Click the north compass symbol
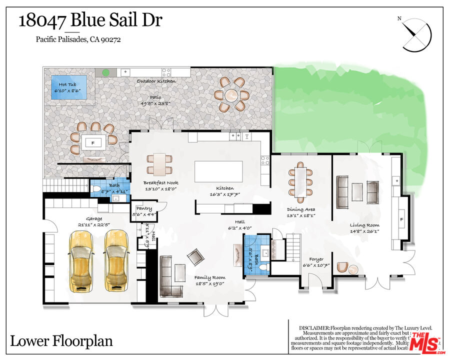[x=416, y=34]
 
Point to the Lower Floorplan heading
[x=61, y=342]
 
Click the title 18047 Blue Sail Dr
[x=90, y=21]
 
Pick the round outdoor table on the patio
[x=231, y=94]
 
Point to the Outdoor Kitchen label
[x=156, y=81]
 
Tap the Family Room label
[x=209, y=277]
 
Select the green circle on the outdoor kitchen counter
[x=106, y=72]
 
